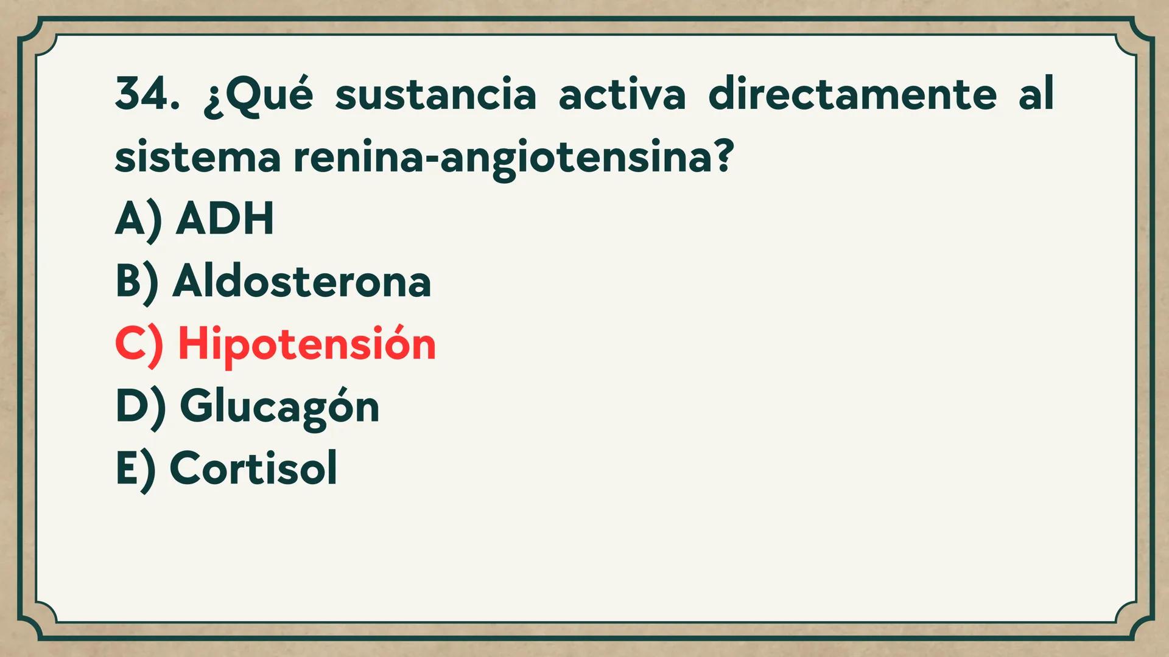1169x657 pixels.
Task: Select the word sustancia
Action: [x=435, y=96]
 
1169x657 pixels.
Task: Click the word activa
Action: [x=622, y=96]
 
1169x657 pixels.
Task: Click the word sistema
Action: [x=197, y=157]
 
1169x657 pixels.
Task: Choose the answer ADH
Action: [x=225, y=219]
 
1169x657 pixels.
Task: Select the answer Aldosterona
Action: [x=302, y=282]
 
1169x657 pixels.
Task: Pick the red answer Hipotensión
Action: [x=307, y=344]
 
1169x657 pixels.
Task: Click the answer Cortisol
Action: [x=253, y=468]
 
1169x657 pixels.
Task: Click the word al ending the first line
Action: [x=1036, y=95]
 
